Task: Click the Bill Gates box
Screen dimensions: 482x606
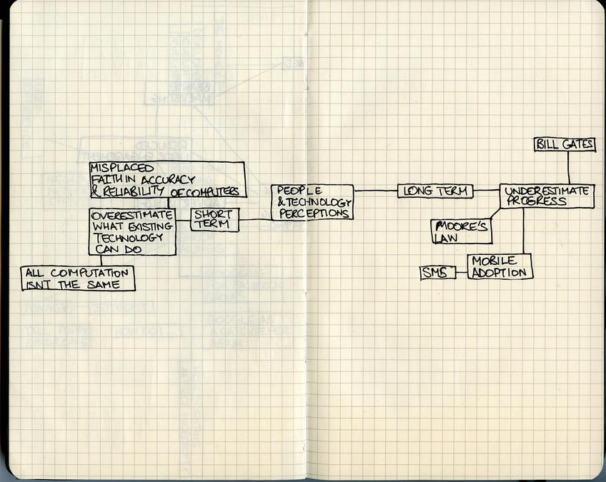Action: pyautogui.click(x=565, y=144)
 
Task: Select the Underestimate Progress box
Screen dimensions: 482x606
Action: pyautogui.click(x=547, y=196)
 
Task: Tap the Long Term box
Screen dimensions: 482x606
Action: pyautogui.click(x=435, y=191)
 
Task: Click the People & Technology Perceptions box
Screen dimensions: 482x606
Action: pyautogui.click(x=312, y=202)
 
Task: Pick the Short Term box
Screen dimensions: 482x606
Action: pyautogui.click(x=214, y=219)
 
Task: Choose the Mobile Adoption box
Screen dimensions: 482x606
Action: pyautogui.click(x=500, y=266)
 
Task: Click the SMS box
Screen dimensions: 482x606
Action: pyautogui.click(x=437, y=272)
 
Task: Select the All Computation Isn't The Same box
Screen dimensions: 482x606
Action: pyautogui.click(x=77, y=278)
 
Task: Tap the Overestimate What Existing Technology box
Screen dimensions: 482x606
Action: pyautogui.click(x=132, y=232)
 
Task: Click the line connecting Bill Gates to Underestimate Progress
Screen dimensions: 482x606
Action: pyautogui.click(x=568, y=168)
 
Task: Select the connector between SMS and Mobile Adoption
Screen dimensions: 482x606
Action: pyautogui.click(x=462, y=271)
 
